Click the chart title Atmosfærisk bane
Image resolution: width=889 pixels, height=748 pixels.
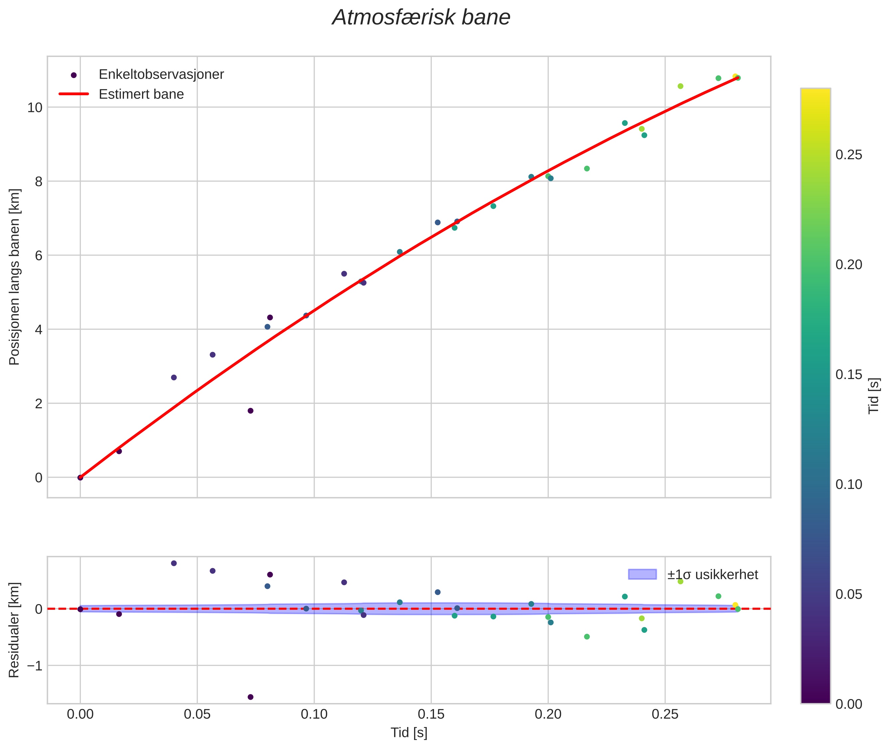(421, 18)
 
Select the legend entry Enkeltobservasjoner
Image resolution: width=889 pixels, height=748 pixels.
(161, 75)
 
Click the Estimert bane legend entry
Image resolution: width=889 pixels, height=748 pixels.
(141, 94)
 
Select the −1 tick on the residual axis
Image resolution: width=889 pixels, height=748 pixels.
(35, 666)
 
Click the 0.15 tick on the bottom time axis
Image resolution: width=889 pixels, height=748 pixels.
(431, 714)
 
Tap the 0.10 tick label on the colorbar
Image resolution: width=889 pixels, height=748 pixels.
(849, 484)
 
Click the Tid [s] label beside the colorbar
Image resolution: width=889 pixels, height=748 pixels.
(873, 396)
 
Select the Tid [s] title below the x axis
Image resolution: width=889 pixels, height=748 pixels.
(409, 733)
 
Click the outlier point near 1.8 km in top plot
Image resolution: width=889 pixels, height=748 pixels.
(250, 410)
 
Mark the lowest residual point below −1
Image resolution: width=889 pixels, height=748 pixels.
(250, 697)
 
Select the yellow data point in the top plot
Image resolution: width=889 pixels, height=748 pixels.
(735, 76)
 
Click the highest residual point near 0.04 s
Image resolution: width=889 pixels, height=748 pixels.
(174, 563)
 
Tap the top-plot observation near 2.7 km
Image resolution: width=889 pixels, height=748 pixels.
(174, 377)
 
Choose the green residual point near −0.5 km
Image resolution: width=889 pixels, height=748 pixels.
(587, 636)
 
